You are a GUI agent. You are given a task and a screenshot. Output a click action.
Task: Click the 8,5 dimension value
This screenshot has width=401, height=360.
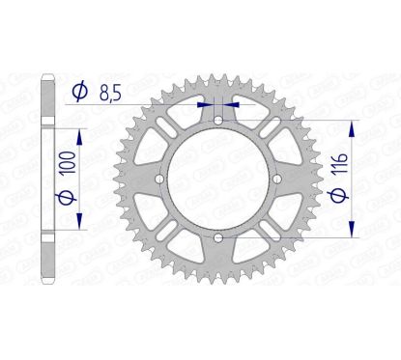point(113,92)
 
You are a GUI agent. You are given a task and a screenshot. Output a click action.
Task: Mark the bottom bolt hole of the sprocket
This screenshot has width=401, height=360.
point(218,236)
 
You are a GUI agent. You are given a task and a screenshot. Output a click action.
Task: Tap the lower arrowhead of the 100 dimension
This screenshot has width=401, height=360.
point(78,224)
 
